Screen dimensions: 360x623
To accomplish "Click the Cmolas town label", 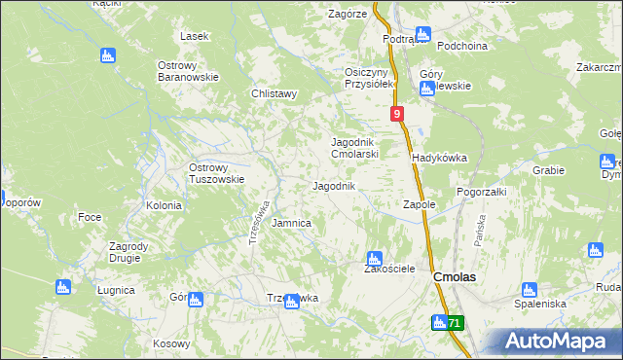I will coord(454,277).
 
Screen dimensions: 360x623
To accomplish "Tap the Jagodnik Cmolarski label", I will coord(354,147).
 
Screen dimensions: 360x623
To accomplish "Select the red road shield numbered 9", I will coord(398,115).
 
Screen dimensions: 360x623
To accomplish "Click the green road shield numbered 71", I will coord(456,322).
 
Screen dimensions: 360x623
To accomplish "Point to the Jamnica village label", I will coord(291,223).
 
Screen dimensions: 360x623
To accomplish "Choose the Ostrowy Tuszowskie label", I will coord(215,173).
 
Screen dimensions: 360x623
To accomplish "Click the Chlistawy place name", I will coord(274,94).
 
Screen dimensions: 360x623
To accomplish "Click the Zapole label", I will coord(419,205).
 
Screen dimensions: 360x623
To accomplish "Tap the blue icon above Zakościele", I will coord(374,259).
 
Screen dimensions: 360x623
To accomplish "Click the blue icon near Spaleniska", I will coord(529,289).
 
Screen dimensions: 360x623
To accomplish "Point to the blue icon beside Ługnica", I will coord(63,287).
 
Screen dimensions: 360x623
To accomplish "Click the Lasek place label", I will coord(195,36).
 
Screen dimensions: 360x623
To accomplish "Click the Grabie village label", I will coord(548,170).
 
